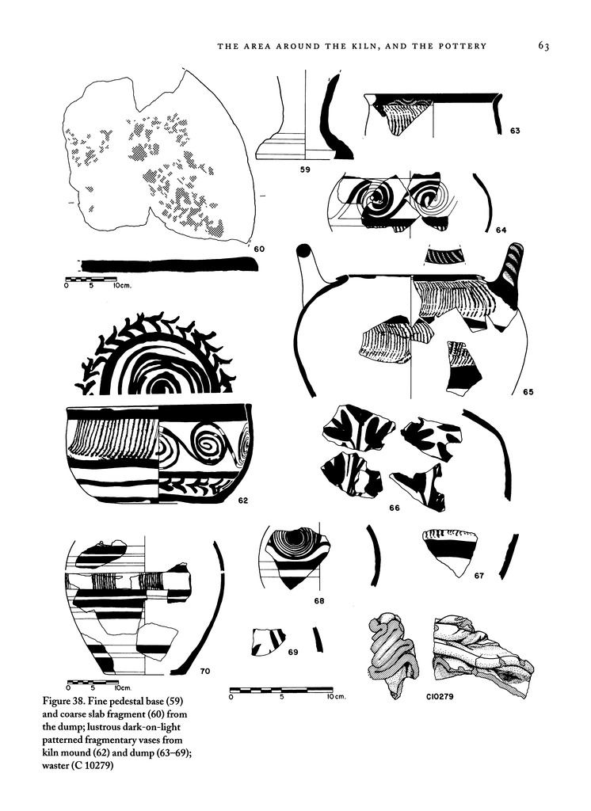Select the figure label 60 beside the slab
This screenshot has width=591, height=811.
point(258,249)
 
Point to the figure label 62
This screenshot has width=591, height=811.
point(242,501)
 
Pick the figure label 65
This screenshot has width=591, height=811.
point(528,392)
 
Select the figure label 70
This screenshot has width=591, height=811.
point(204,672)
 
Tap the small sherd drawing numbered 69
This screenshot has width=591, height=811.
point(267,642)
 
